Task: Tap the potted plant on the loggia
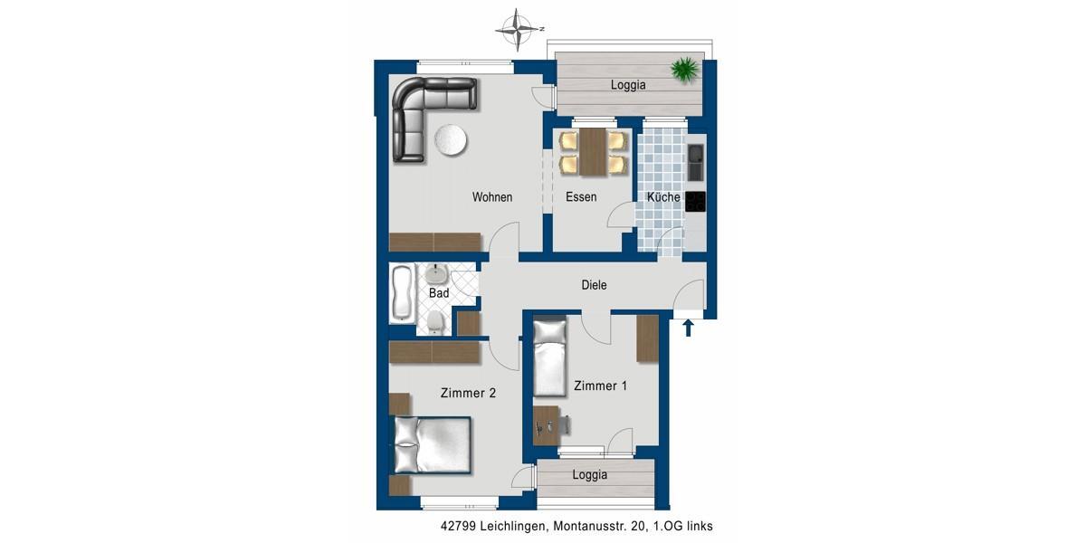[x=685, y=69]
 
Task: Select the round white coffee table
[x=450, y=141]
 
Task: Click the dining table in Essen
[x=594, y=151]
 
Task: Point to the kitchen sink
[x=694, y=163]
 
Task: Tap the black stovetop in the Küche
[x=694, y=201]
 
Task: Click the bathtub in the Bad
[x=401, y=293]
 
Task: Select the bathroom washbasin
[x=438, y=274]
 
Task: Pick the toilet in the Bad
[x=436, y=320]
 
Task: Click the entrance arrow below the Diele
[x=688, y=327]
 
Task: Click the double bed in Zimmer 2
[x=433, y=444]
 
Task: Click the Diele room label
[x=594, y=285]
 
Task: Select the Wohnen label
[x=492, y=197]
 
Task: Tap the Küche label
[x=663, y=197]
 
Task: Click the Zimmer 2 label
[x=468, y=393]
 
